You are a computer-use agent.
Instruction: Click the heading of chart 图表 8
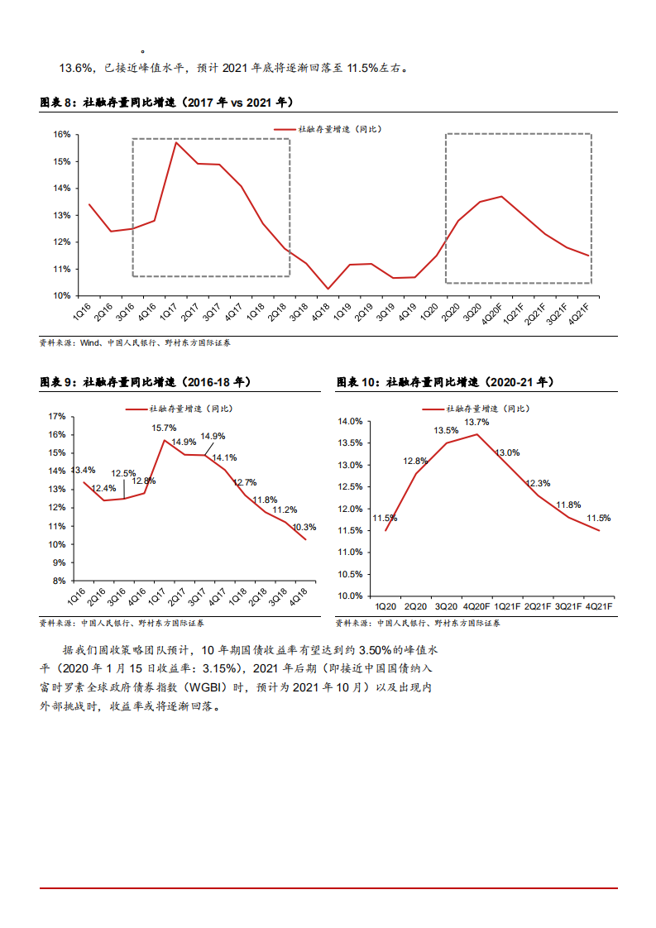pyautogui.click(x=165, y=103)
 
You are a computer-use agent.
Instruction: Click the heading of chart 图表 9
pyautogui.click(x=146, y=382)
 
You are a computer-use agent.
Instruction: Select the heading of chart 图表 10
pyautogui.click(x=445, y=382)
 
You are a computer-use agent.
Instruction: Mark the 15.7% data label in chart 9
pyautogui.click(x=164, y=428)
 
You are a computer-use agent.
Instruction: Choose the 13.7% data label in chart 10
pyautogui.click(x=476, y=422)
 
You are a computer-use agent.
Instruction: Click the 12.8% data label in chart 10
pyautogui.click(x=415, y=461)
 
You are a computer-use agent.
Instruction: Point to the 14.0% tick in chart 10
pyautogui.click(x=351, y=421)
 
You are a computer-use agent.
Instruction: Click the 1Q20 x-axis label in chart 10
pyautogui.click(x=385, y=606)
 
